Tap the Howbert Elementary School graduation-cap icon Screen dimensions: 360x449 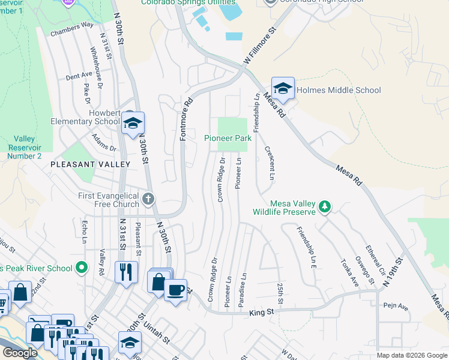tap(133, 124)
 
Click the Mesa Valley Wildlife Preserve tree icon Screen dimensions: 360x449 tap(325, 207)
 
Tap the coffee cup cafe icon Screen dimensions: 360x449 tap(175, 290)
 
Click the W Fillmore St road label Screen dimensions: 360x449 tap(259, 46)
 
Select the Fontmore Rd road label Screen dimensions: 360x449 tap(185, 120)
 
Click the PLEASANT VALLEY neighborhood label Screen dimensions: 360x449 tap(90, 164)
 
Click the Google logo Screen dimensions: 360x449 tap(20, 353)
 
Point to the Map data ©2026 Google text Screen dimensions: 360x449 tap(411, 355)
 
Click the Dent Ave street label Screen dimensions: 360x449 tap(79, 76)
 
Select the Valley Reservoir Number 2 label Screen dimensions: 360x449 tap(24, 147)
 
